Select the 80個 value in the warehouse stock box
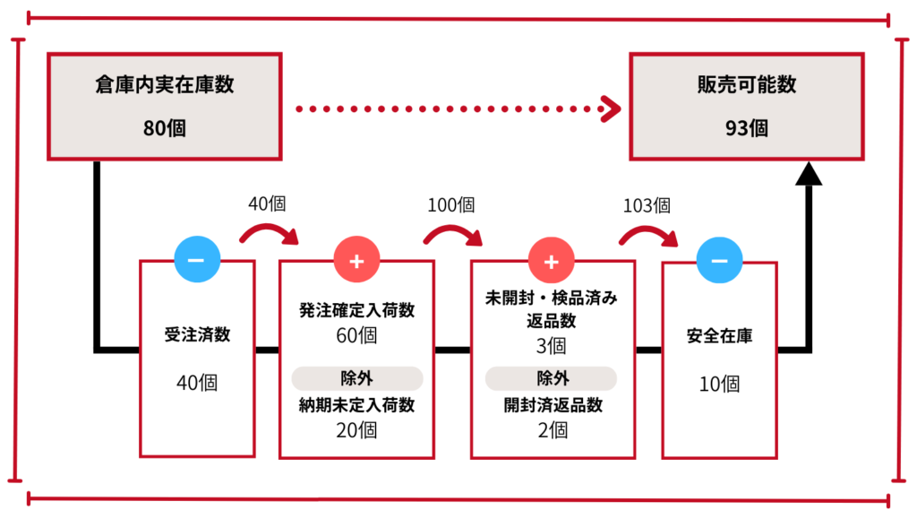tap(165, 127)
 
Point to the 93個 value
tap(747, 127)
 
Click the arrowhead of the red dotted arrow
tap(611, 109)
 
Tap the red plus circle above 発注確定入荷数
tap(356, 260)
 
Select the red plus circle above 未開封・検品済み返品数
tap(551, 260)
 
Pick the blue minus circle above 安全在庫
tap(718, 260)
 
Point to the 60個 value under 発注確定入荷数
tap(356, 336)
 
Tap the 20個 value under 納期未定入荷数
tap(356, 429)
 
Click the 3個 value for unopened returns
tap(552, 345)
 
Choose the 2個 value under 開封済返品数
tap(552, 429)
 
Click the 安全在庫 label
tap(719, 336)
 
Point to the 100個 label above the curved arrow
tap(450, 204)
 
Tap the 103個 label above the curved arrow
tap(647, 204)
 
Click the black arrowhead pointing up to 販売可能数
tap(809, 173)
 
